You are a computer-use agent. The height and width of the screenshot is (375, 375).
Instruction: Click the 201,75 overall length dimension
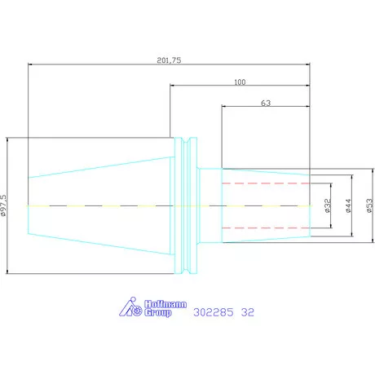(x=169, y=60)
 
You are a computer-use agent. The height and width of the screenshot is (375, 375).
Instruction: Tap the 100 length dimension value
(x=240, y=82)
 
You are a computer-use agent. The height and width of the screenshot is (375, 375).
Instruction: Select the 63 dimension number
(x=266, y=103)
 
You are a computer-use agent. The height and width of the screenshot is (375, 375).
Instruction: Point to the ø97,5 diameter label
(x=3, y=205)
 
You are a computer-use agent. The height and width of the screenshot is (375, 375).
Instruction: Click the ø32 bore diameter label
(x=328, y=205)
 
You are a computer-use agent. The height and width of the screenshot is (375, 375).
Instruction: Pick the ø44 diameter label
(x=349, y=205)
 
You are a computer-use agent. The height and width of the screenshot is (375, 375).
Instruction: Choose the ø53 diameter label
(x=370, y=205)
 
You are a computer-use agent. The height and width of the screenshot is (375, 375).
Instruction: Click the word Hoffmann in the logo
(x=165, y=304)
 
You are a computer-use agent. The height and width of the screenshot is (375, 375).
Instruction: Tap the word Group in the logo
(x=158, y=312)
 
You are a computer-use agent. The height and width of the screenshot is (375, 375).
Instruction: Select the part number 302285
(x=214, y=312)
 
